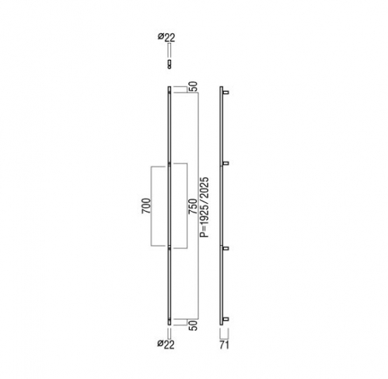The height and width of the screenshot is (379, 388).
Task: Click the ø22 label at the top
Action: click(x=166, y=37)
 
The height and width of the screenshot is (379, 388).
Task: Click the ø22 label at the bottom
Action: click(x=166, y=344)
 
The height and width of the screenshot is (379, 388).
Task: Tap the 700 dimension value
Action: click(x=146, y=205)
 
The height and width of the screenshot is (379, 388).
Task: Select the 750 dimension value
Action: click(x=193, y=206)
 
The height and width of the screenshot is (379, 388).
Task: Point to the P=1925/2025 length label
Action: click(x=204, y=207)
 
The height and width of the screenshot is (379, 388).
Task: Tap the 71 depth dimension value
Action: click(x=224, y=345)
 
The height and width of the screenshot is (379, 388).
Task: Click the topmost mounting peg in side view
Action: click(x=225, y=93)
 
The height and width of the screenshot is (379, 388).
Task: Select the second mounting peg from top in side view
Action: click(x=225, y=163)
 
